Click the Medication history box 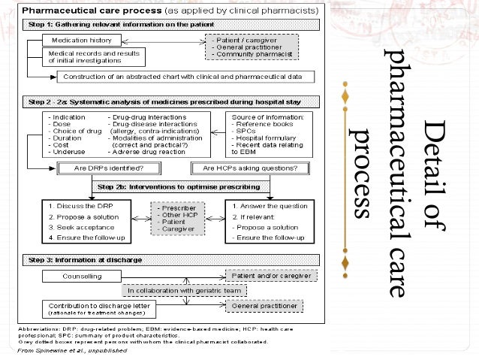(78, 41)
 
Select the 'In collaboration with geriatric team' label (173, 291)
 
